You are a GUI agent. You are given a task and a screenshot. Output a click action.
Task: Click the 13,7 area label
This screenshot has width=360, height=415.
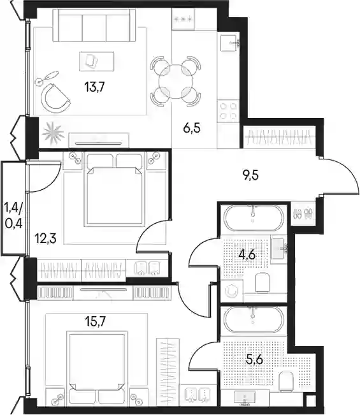click(x=95, y=87)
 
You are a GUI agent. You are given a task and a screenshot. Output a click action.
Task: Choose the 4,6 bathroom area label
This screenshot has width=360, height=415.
click(x=247, y=255)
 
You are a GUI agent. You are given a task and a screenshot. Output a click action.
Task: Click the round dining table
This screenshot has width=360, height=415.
click(x=175, y=82)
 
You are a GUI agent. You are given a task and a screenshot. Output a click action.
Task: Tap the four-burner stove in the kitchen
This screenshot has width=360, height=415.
click(x=228, y=111)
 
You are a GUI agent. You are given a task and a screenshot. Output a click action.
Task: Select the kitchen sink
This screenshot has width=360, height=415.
click(x=229, y=43)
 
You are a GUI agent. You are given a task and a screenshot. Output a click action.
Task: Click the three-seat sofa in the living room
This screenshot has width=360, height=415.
click(x=94, y=25)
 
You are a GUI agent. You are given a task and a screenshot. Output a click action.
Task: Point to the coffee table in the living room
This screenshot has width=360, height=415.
click(x=97, y=61)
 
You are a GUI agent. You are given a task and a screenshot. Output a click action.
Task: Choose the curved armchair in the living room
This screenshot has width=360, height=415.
click(x=55, y=98)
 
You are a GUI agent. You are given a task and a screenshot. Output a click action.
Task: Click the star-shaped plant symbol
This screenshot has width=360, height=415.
click(x=53, y=133)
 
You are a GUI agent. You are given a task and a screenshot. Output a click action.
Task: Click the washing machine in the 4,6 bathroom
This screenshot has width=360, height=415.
click(x=232, y=291)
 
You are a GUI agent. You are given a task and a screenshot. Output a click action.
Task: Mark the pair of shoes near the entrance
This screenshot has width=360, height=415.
click(x=303, y=214)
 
